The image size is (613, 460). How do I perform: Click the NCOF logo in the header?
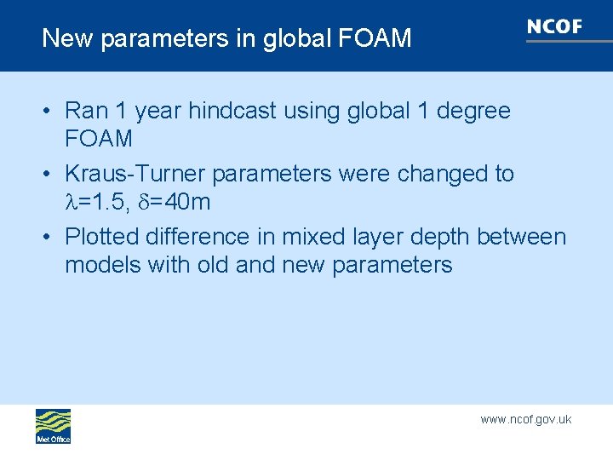pyautogui.click(x=554, y=27)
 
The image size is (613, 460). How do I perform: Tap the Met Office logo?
pyautogui.click(x=53, y=425)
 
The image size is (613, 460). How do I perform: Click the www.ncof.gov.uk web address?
pyautogui.click(x=525, y=419)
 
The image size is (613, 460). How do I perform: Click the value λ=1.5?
pyautogui.click(x=95, y=203)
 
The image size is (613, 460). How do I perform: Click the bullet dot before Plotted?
pyautogui.click(x=49, y=237)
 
